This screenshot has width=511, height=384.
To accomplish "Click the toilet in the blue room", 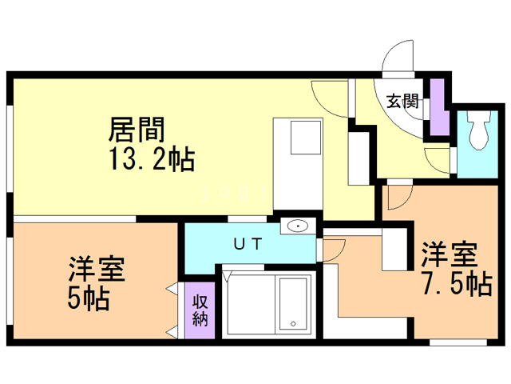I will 479,130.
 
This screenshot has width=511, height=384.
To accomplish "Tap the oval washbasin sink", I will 296,226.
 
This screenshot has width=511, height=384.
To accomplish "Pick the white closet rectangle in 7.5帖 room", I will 394,249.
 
